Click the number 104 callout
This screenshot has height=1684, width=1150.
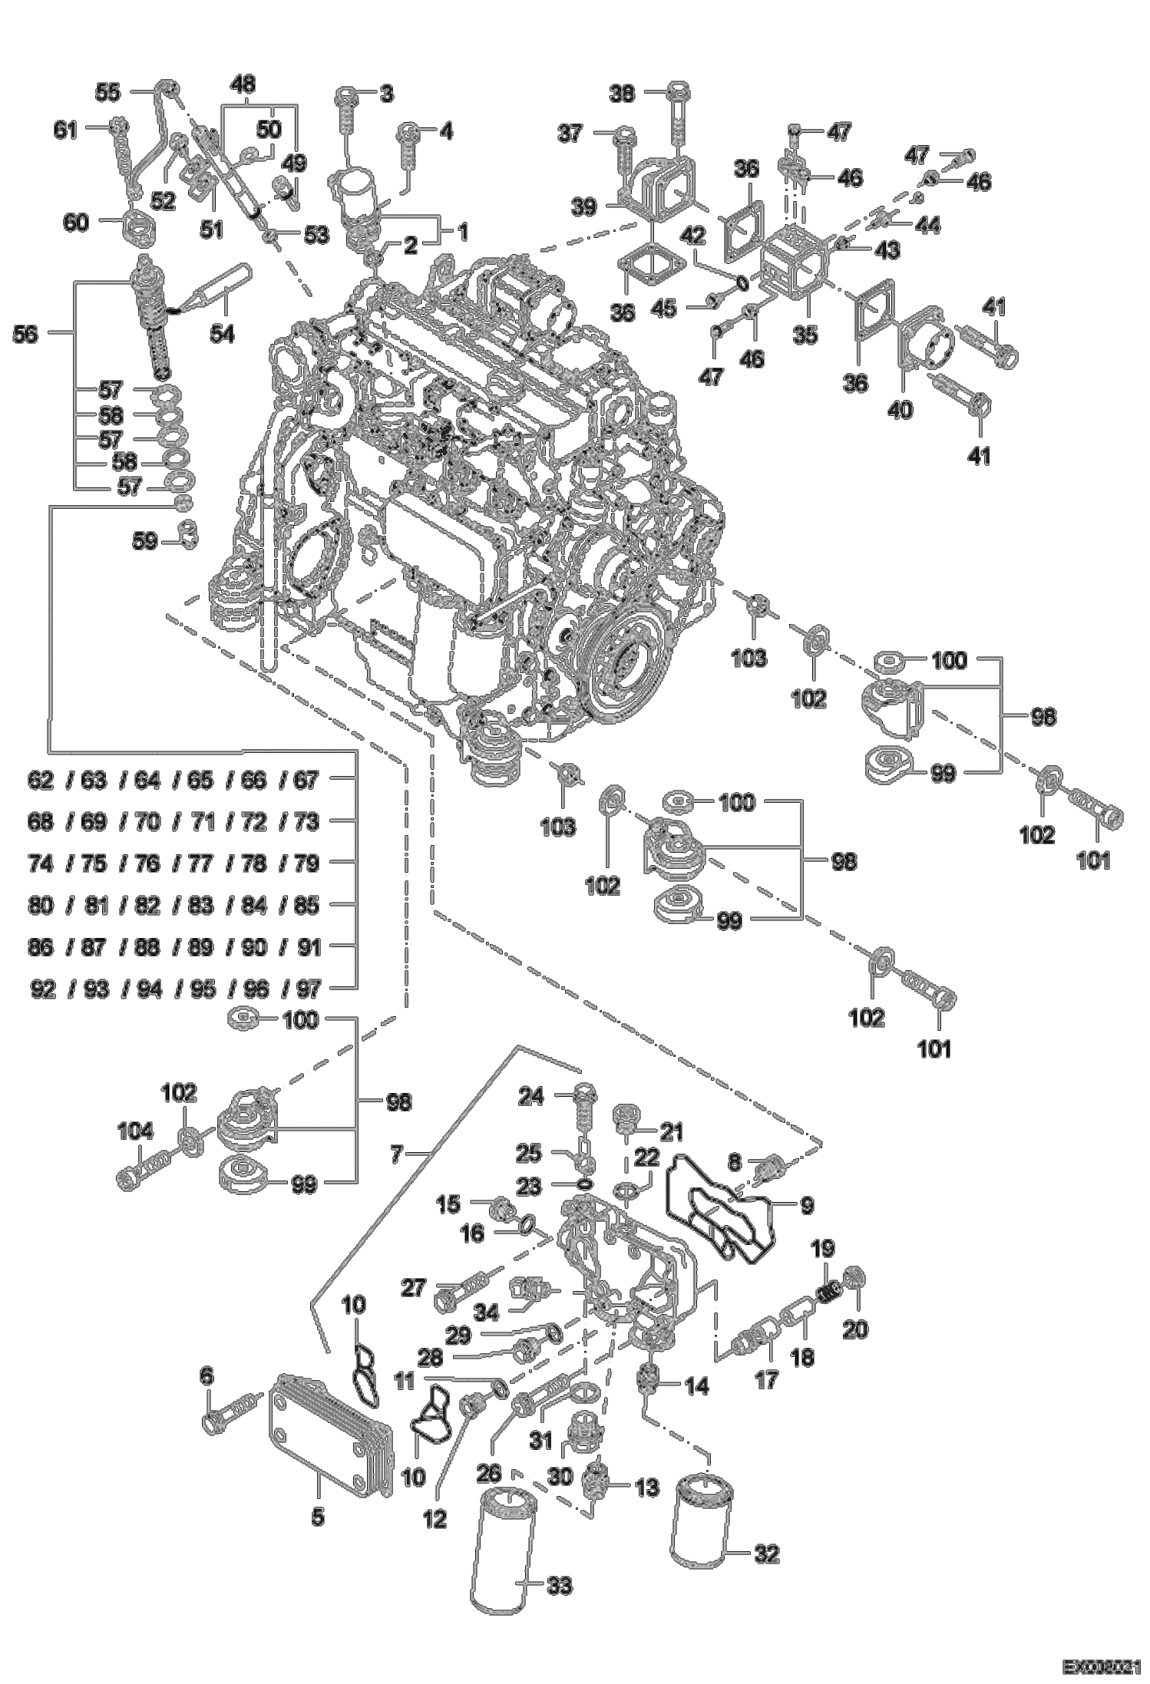(x=135, y=1131)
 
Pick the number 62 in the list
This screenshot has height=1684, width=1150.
(x=41, y=781)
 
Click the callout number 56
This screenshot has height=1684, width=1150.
(x=25, y=335)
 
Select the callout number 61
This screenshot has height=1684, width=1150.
(x=65, y=130)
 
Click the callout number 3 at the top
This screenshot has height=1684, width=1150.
(x=386, y=94)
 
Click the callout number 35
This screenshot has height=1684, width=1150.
(x=806, y=335)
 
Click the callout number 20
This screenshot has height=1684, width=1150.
(x=855, y=1329)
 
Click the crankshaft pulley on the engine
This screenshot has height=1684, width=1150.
(x=621, y=669)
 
